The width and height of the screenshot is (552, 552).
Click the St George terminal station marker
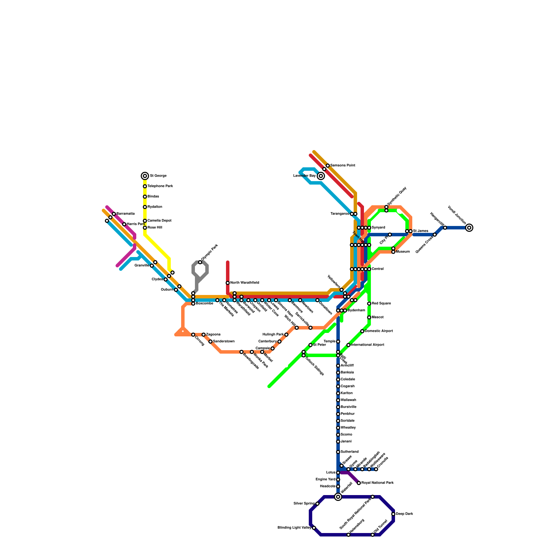145,176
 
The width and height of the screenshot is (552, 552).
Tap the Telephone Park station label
160,186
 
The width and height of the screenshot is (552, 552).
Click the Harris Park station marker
124,224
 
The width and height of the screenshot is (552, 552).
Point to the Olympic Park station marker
200,262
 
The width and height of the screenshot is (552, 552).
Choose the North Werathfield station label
245,283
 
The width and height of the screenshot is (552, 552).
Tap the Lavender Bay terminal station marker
321,176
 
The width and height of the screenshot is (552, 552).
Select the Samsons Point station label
343,166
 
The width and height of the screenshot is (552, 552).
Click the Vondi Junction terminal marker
469,228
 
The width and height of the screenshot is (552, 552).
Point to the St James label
421,231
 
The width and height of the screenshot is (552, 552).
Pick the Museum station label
403,252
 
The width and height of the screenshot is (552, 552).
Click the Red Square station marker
369,304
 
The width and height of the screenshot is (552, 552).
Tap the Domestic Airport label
379,331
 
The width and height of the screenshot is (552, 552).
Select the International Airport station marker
348,345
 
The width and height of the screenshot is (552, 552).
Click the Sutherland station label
349,452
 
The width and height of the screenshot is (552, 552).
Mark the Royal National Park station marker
359,483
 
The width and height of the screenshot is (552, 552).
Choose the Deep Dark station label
404,514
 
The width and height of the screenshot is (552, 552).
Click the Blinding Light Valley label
294,528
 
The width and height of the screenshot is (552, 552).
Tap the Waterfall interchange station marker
338,497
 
